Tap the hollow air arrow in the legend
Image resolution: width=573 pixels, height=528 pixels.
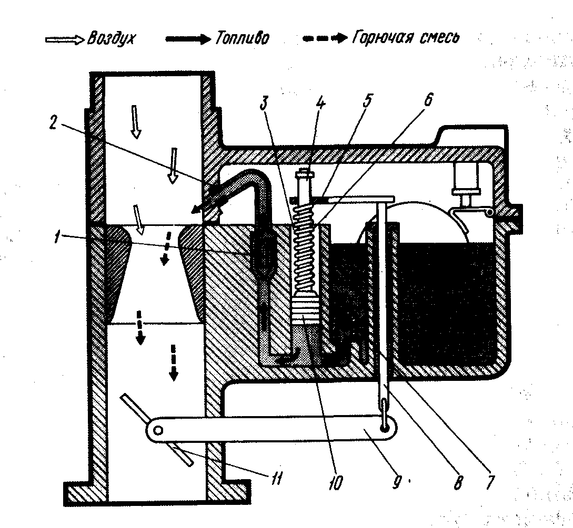[66, 39]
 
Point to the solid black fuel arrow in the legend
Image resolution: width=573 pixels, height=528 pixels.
[187, 39]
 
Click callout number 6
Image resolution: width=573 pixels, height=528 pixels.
[425, 99]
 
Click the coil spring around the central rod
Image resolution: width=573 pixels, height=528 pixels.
[305, 247]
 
